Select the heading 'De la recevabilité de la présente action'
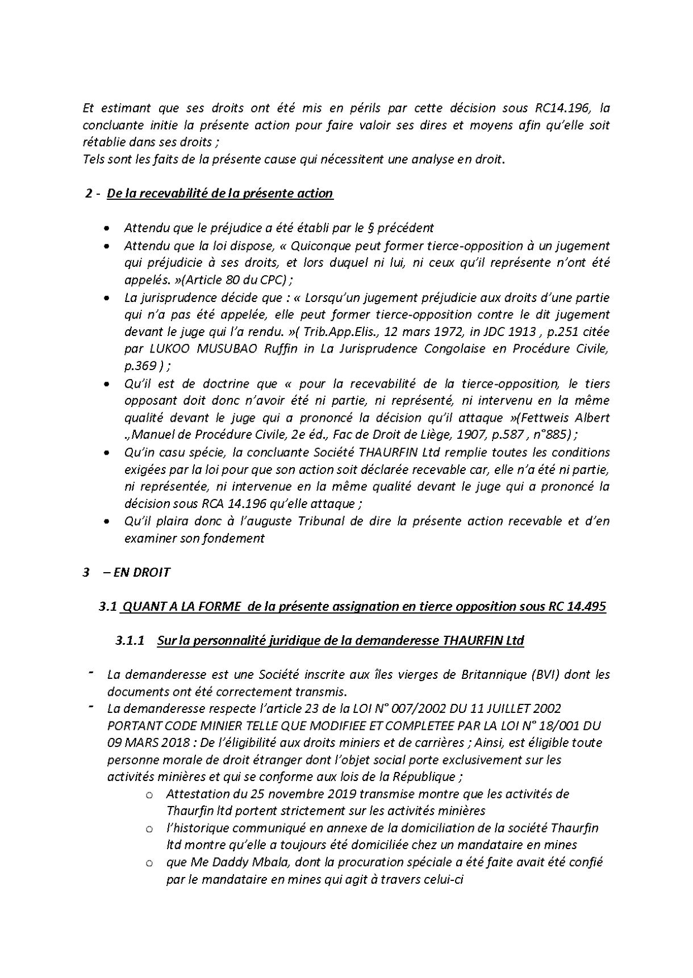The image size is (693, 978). click(220, 194)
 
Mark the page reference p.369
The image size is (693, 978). click(140, 366)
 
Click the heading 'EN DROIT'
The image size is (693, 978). click(141, 572)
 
